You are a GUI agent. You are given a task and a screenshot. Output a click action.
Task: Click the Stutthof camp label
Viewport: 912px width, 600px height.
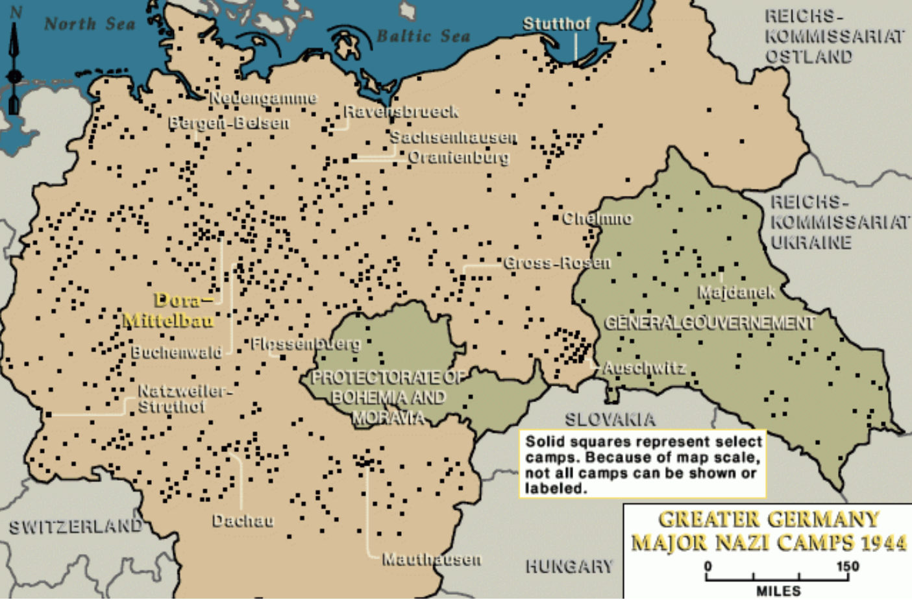click(556, 24)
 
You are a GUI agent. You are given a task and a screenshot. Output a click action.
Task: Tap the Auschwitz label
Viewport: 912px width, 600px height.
click(644, 368)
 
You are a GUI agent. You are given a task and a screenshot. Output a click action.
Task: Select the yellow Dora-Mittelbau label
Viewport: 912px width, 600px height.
click(169, 310)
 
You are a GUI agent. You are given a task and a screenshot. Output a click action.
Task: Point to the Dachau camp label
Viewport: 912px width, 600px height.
click(243, 521)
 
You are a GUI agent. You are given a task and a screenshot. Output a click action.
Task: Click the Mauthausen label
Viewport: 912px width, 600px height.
click(432, 559)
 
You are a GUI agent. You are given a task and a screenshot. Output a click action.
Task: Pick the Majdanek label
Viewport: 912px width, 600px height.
click(736, 293)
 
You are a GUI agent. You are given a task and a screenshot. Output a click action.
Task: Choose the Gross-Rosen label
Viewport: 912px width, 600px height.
click(557, 263)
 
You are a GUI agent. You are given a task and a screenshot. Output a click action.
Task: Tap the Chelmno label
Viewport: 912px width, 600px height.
click(597, 219)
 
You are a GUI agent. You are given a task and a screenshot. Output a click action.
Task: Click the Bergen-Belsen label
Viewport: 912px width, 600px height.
click(228, 123)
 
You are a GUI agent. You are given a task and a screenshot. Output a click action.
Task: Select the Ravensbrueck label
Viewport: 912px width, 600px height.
click(401, 112)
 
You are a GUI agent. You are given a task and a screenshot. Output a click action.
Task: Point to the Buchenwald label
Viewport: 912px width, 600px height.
click(177, 352)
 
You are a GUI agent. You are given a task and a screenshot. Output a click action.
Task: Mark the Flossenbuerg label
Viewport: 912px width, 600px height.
click(306, 344)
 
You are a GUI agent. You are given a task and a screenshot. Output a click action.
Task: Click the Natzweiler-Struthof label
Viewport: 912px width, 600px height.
click(184, 398)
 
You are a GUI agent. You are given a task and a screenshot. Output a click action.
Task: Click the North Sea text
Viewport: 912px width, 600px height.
click(90, 25)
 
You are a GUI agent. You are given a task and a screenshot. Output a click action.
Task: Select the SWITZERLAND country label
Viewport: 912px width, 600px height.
click(75, 526)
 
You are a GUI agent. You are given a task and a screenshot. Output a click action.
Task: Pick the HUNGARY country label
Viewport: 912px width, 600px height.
click(569, 567)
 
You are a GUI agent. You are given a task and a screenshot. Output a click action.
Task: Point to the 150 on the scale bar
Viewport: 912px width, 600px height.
click(847, 566)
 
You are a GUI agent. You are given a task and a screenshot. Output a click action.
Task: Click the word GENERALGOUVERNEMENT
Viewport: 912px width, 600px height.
click(709, 322)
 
